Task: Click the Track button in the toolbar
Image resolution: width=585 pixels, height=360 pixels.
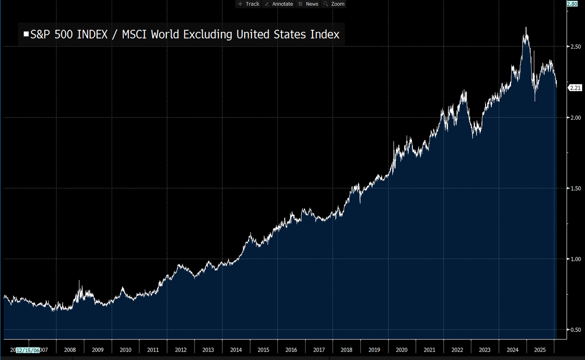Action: point(249,4)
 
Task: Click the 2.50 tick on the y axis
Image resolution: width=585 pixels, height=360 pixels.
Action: point(575,47)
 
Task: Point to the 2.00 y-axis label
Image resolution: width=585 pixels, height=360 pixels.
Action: point(575,118)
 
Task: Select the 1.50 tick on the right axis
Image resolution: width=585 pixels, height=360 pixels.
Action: point(575,189)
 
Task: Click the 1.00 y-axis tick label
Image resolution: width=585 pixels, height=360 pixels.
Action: point(575,259)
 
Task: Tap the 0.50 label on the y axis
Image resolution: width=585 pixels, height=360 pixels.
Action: point(575,330)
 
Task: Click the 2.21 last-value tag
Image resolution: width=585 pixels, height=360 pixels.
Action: point(575,88)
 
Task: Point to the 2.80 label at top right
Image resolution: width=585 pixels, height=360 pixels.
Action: point(572,4)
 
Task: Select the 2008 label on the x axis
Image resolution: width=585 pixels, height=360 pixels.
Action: point(70,350)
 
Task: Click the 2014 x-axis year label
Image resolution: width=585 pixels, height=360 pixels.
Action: point(236,350)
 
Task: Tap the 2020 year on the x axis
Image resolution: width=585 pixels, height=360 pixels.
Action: point(402,350)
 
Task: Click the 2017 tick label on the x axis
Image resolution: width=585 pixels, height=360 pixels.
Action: point(319,350)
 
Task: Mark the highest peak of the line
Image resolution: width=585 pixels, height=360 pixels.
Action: point(526,28)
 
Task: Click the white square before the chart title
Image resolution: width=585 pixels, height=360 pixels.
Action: point(26,35)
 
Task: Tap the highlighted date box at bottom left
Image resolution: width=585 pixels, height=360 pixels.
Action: point(29,350)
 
